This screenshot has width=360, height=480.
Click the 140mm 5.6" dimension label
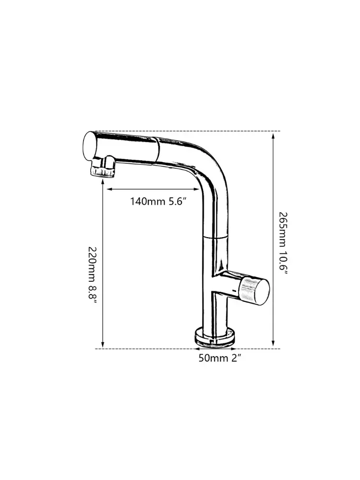pyautogui.click(x=158, y=202)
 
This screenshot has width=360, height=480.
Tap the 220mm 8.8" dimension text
pyautogui.click(x=93, y=275)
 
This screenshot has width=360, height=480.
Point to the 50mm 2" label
pyautogui.click(x=220, y=358)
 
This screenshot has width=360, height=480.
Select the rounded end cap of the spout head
pyautogui.click(x=90, y=146)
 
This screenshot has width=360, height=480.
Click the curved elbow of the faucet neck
pyautogui.click(x=214, y=178)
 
